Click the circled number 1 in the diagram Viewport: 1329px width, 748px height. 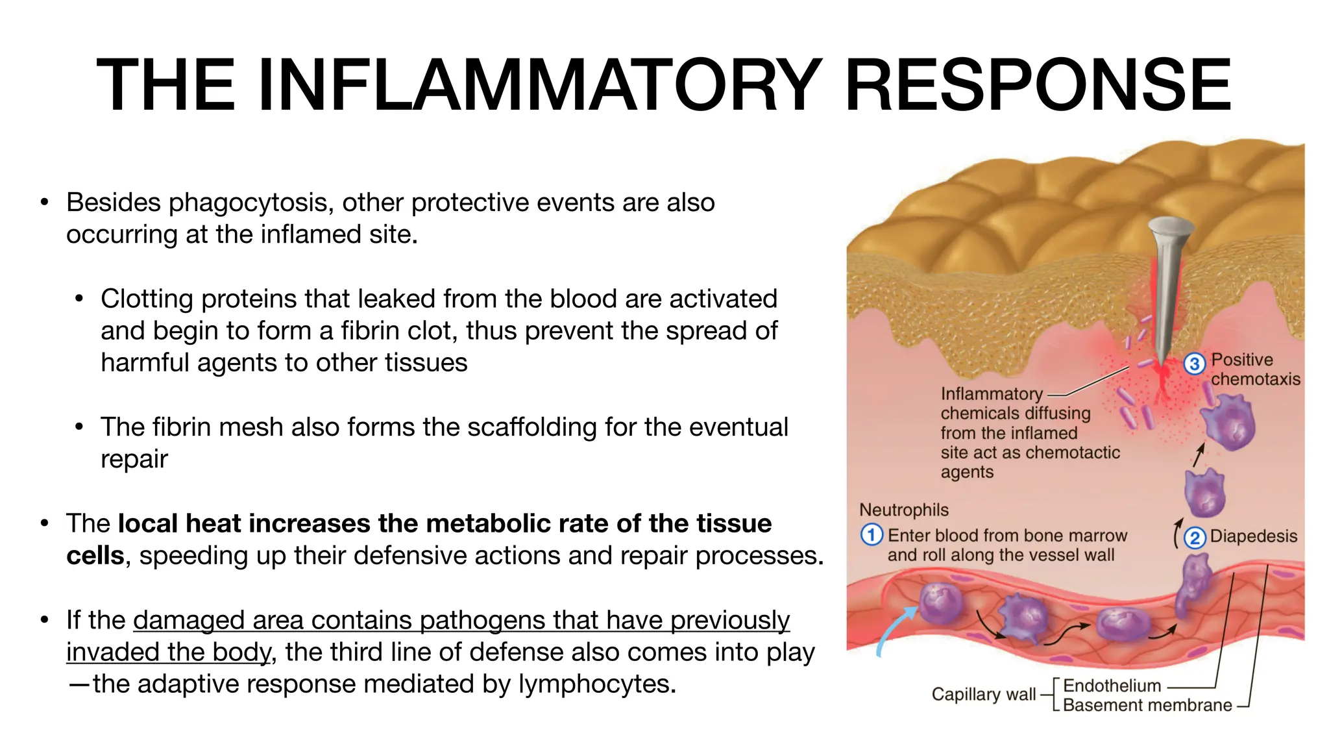(872, 535)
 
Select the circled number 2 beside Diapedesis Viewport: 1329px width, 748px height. (1195, 538)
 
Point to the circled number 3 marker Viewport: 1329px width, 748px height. (1195, 364)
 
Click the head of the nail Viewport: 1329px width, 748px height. (1170, 227)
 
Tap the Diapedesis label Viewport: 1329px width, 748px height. (1254, 536)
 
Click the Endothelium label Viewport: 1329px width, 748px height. (1112, 686)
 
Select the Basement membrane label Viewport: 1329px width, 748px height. (1147, 705)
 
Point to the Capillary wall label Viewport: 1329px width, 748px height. (983, 694)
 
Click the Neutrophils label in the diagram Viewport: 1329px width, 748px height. (903, 510)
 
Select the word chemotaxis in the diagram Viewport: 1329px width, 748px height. (1255, 379)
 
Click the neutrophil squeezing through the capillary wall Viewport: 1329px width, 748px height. (1193, 584)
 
